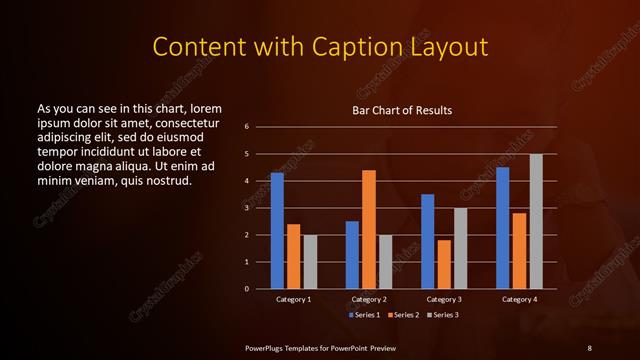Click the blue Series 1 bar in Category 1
point(277,231)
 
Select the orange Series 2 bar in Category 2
point(368,229)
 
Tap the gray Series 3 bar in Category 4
point(536,221)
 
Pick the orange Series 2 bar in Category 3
point(444,264)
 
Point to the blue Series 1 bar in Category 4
point(502,228)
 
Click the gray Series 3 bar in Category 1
point(310,262)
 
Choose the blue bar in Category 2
point(352,255)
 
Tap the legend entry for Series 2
point(403,314)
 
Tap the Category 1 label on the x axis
point(293,299)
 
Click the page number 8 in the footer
point(589,347)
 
